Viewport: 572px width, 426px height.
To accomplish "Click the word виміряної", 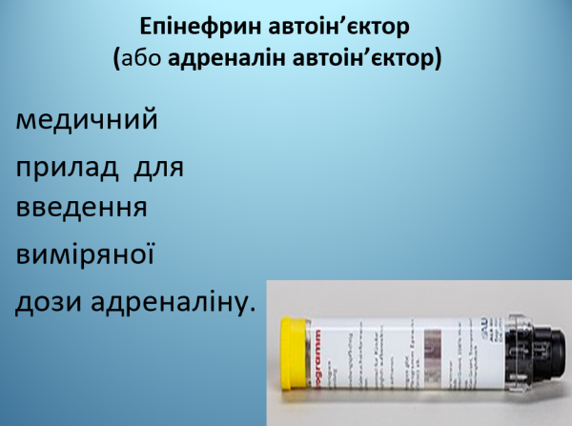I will pos(86,255).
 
